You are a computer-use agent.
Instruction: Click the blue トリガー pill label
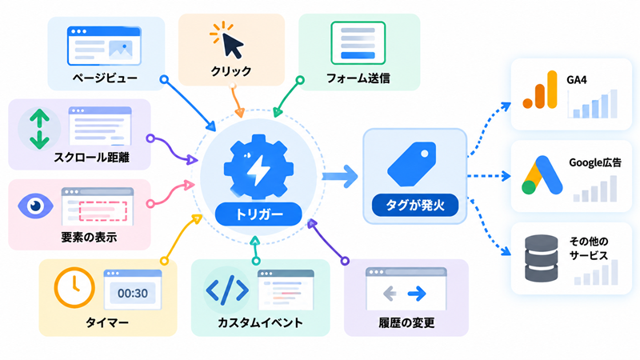pyautogui.click(x=258, y=214)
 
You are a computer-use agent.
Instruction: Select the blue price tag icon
pyautogui.click(x=411, y=164)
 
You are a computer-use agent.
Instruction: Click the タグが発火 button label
pyautogui.click(x=415, y=205)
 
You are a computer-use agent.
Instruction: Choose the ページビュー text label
pyautogui.click(x=105, y=78)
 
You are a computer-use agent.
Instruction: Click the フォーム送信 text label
pyautogui.click(x=358, y=78)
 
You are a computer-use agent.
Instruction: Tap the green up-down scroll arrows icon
pyautogui.click(x=39, y=129)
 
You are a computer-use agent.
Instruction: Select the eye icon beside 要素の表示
pyautogui.click(x=35, y=206)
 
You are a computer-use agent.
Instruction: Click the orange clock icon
pyautogui.click(x=74, y=287)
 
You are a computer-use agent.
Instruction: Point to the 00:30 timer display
pyautogui.click(x=133, y=293)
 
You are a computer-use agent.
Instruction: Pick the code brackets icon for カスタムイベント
pyautogui.click(x=227, y=290)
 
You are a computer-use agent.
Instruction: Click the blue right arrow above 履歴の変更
pyautogui.click(x=417, y=293)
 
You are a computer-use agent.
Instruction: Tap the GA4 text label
pyautogui.click(x=576, y=79)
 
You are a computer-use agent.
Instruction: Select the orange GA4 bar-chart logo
pyautogui.click(x=540, y=90)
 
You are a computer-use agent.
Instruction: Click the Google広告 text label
pyautogui.click(x=595, y=162)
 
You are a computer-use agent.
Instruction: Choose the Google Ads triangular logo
pyautogui.click(x=542, y=175)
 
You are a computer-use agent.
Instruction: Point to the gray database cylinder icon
pyautogui.click(x=542, y=258)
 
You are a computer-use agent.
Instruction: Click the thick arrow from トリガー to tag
pyautogui.click(x=339, y=176)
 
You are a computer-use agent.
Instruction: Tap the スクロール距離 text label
pyautogui.click(x=91, y=158)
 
